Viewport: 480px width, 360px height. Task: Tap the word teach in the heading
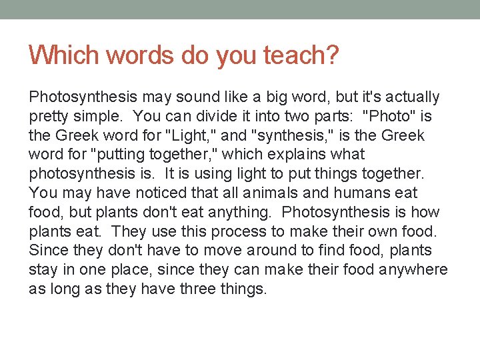pyautogui.click(x=299, y=55)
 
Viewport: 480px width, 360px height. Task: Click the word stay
pyautogui.click(x=42, y=271)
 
